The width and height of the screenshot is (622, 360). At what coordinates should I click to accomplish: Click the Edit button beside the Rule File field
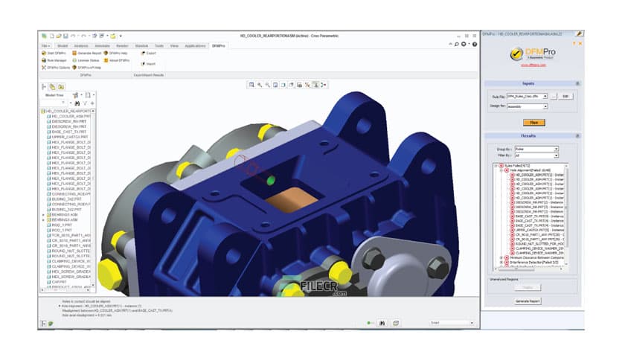click(x=566, y=96)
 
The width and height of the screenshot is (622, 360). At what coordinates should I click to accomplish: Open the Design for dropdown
click(x=527, y=106)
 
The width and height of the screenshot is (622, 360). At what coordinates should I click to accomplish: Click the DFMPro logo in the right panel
click(x=530, y=54)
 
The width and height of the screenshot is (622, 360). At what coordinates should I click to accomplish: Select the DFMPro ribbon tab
click(x=218, y=46)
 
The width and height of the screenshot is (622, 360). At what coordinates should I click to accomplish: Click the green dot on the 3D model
click(x=269, y=180)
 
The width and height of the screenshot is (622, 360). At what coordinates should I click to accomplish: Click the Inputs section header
click(x=530, y=83)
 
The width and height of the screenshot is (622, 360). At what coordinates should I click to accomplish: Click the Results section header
click(x=530, y=137)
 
